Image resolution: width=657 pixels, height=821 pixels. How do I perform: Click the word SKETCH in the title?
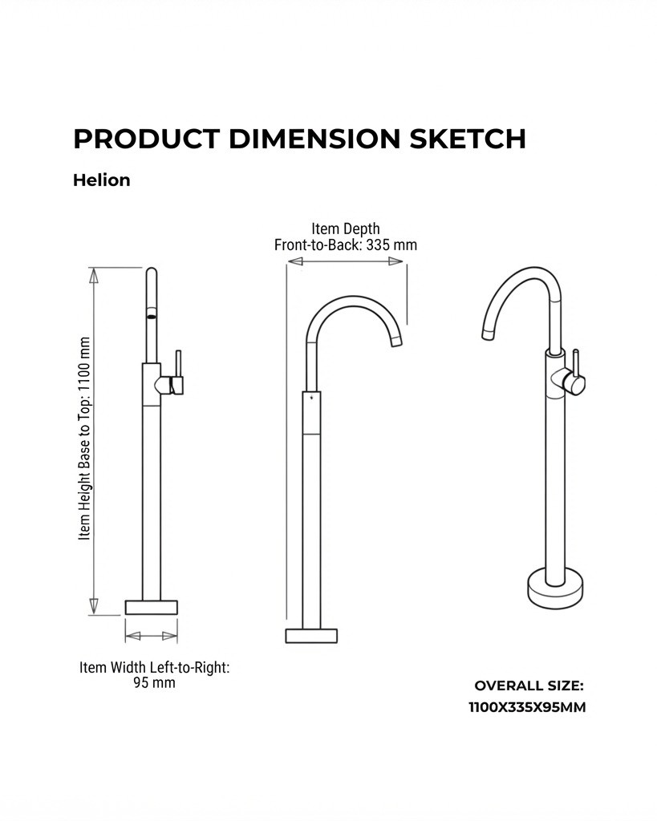point(468,139)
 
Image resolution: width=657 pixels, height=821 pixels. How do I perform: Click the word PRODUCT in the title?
point(146,139)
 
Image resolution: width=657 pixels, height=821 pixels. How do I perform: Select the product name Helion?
point(102,180)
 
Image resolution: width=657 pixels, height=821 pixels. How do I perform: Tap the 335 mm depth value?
point(391,245)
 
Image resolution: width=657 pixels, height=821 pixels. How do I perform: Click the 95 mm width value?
point(154,683)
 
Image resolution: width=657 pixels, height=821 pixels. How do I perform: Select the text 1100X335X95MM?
point(527,707)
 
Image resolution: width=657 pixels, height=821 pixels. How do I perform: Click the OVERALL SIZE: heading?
point(529,686)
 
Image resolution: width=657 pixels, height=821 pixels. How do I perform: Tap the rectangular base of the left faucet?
point(152,608)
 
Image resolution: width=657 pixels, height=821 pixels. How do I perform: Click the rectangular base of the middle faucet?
point(311,636)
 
